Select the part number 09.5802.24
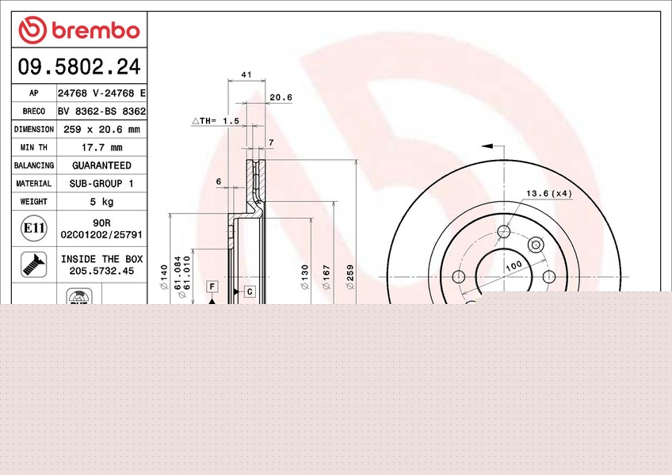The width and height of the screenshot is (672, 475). point(79,66)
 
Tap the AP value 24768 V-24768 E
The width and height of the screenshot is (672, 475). point(101,93)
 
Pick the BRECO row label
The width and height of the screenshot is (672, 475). point(34,112)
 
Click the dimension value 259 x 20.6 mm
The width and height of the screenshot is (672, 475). point(101,129)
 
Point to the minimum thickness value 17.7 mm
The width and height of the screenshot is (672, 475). point(102,147)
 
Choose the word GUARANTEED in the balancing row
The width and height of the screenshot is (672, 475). point(101,165)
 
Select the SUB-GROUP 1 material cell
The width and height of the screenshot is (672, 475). point(101,184)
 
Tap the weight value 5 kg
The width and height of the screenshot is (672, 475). point(101,202)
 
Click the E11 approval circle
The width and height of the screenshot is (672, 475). point(34,228)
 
